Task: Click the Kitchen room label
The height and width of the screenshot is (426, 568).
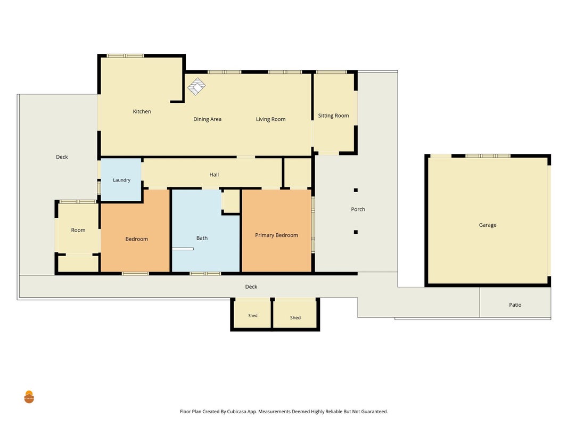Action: [x=142, y=112]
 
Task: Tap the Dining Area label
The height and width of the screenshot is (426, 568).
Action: [x=207, y=119]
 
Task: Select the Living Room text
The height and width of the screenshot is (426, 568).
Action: [x=270, y=119]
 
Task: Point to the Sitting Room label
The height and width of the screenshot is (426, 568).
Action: [x=333, y=116]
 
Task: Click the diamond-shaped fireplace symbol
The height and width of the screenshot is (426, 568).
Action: [x=196, y=86]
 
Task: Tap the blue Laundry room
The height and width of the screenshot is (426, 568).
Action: [x=121, y=179]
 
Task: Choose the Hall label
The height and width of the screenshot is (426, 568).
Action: [x=213, y=175]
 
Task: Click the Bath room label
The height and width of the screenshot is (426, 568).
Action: [x=202, y=238]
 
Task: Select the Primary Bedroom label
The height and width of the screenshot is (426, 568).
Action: [x=276, y=235]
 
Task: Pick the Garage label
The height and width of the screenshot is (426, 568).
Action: [x=488, y=225]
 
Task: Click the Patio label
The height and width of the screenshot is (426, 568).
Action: [x=515, y=305]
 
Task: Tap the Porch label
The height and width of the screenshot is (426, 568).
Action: [x=358, y=209]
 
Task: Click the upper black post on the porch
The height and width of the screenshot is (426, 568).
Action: [x=356, y=190]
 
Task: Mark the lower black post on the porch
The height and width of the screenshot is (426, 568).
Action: [x=356, y=232]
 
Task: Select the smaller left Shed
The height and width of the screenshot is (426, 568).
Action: [x=253, y=314]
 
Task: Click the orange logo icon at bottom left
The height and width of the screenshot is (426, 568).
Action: [x=29, y=397]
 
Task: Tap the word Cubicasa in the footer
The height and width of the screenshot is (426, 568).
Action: [x=237, y=412]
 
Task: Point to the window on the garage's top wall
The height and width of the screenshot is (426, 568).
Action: [x=488, y=156]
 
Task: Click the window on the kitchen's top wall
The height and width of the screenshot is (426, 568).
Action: [x=125, y=56]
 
